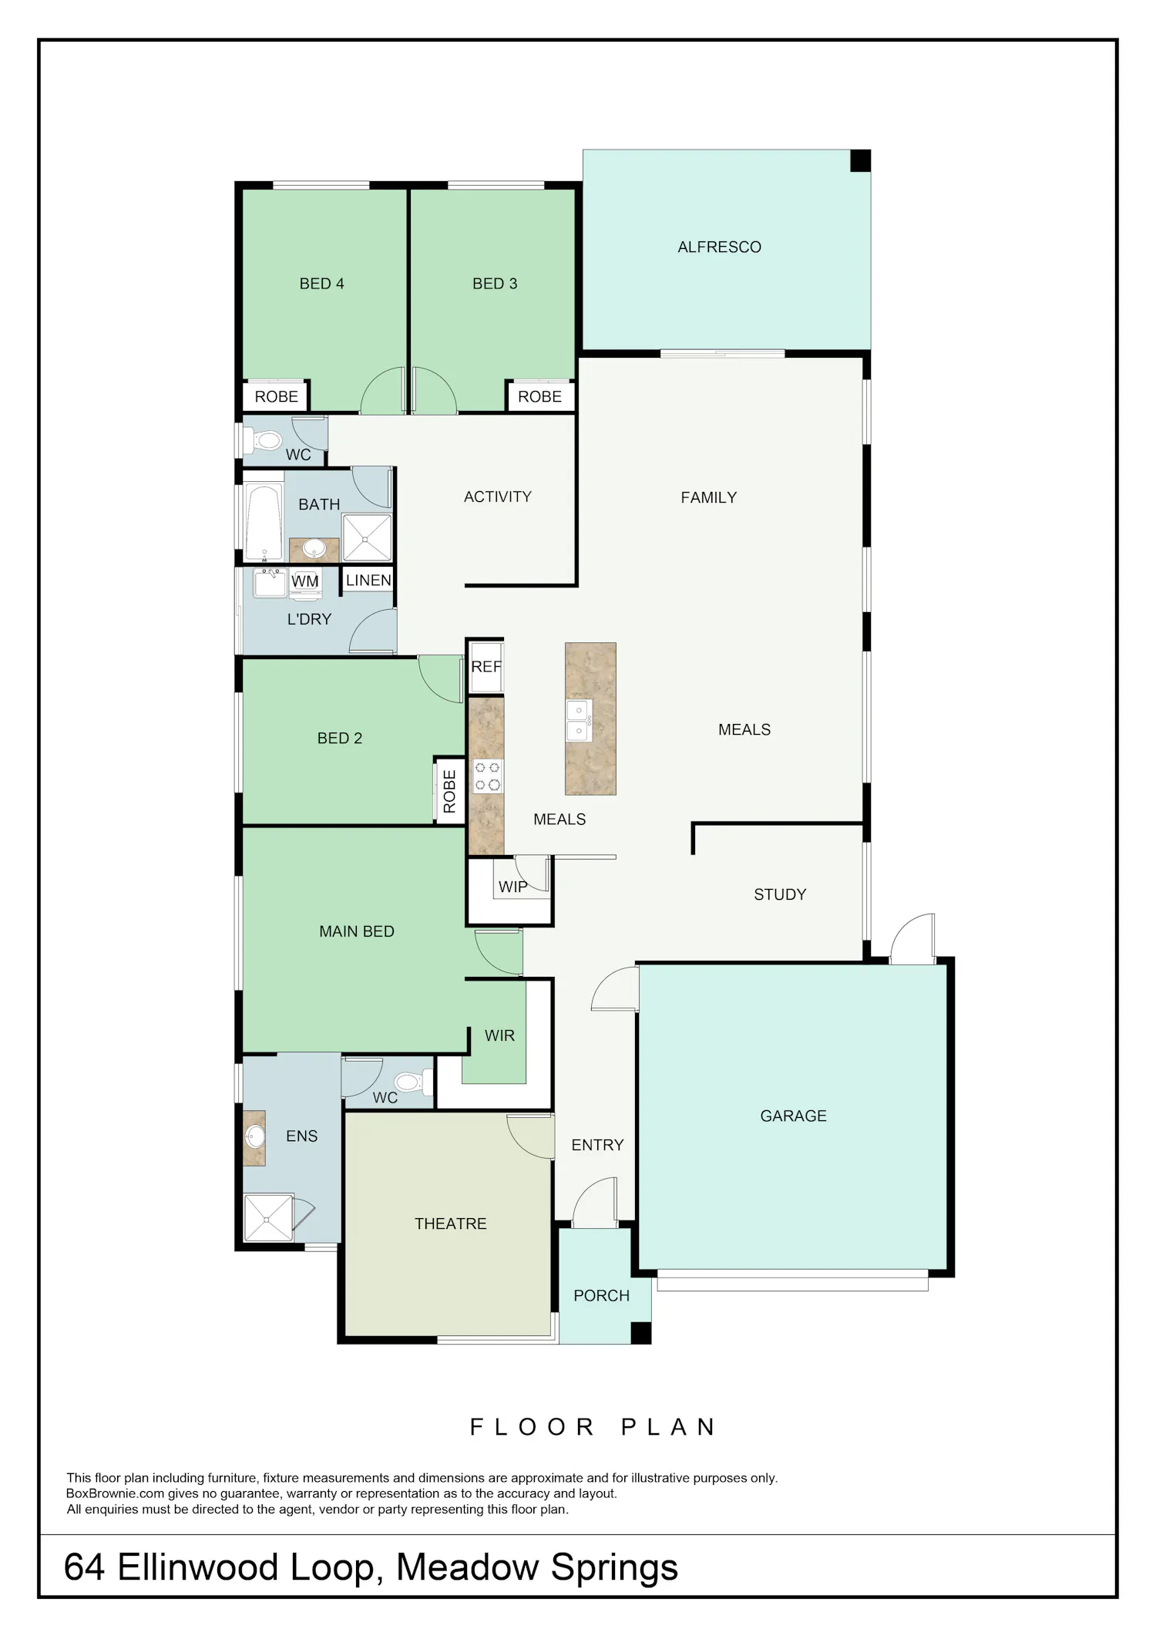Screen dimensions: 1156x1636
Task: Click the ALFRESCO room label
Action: coord(719,247)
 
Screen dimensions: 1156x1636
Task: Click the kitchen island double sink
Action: coord(579,720)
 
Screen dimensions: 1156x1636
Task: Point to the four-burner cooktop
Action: coord(487,776)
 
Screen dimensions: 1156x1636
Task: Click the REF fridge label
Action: coord(486,667)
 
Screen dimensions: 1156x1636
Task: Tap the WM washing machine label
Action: coord(305,581)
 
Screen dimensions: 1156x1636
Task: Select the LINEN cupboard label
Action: coord(368,580)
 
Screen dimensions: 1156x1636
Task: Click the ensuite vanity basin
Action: coord(254,1137)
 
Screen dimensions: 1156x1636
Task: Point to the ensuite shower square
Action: coord(268,1219)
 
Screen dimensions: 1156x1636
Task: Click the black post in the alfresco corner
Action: coord(860,160)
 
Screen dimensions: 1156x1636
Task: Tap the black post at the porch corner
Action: coord(641,1333)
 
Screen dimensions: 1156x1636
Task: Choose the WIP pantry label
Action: coord(513,887)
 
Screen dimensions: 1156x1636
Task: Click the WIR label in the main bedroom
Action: coord(499,1035)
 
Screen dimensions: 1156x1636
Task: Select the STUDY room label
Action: coord(780,894)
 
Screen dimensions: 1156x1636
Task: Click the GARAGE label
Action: coord(793,1116)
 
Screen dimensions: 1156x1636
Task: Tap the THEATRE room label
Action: coord(451,1224)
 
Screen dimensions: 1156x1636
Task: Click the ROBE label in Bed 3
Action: coord(539,396)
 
